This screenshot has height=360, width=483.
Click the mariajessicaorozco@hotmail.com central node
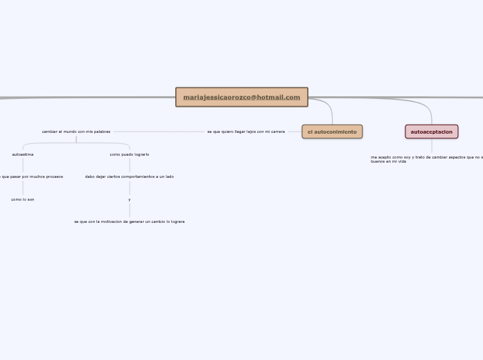point(241,97)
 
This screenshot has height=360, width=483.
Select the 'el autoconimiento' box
point(332,132)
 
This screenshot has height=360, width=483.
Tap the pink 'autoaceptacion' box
point(431,132)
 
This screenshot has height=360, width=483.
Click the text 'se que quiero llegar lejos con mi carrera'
point(245,132)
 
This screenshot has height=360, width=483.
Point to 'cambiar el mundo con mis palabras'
point(76,132)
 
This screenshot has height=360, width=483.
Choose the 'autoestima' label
point(23,154)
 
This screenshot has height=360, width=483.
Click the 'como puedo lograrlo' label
point(129,154)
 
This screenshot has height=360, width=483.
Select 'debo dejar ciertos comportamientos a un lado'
point(129,177)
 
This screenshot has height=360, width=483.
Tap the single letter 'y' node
point(129,199)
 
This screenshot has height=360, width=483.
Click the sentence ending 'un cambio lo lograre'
point(129,222)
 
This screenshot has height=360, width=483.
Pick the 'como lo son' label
point(23,199)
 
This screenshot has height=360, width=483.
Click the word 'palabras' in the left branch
point(101,132)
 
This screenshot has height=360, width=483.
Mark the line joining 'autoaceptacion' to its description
point(431,145)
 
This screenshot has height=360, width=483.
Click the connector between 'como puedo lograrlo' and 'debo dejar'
point(130,165)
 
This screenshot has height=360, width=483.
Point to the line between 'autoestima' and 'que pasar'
point(23,165)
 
